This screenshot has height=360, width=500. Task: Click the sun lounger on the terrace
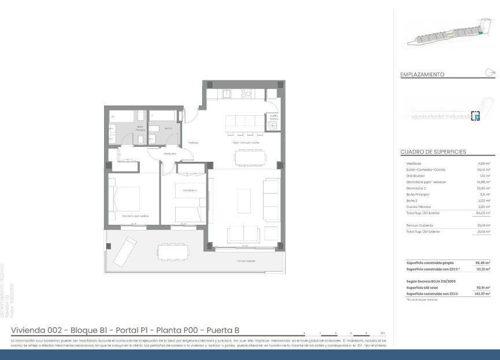click(x=124, y=251)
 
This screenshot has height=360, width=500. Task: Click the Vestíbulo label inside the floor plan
click(x=193, y=142)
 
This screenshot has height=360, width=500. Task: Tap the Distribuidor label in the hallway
click(x=169, y=154)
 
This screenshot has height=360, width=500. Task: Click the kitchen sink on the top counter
click(x=227, y=93)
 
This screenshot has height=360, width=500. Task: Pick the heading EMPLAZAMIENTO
click(x=422, y=75)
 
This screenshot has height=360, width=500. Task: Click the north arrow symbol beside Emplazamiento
click(x=490, y=72)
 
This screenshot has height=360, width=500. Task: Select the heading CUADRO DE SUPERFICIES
click(x=433, y=152)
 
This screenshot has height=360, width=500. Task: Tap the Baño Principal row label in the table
click(x=418, y=194)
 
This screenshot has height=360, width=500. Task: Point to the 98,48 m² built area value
click(x=483, y=262)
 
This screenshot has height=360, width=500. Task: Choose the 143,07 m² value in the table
click(x=483, y=294)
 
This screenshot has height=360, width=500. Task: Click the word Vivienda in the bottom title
click(x=28, y=331)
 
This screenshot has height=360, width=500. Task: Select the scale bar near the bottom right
click(x=343, y=333)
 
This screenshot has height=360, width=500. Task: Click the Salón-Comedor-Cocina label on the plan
click(x=246, y=142)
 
